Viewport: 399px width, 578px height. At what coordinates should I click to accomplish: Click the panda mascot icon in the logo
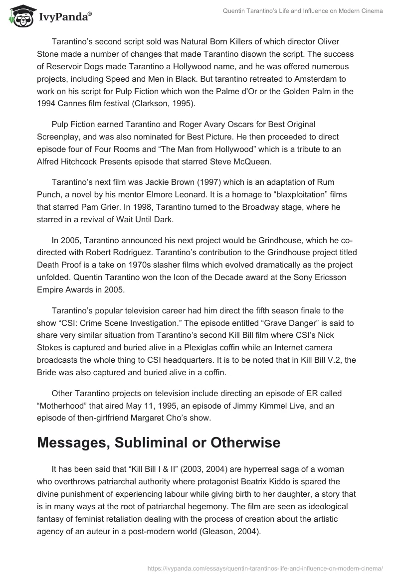(x=19, y=17)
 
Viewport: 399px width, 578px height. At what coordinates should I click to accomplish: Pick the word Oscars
(x=211, y=124)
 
